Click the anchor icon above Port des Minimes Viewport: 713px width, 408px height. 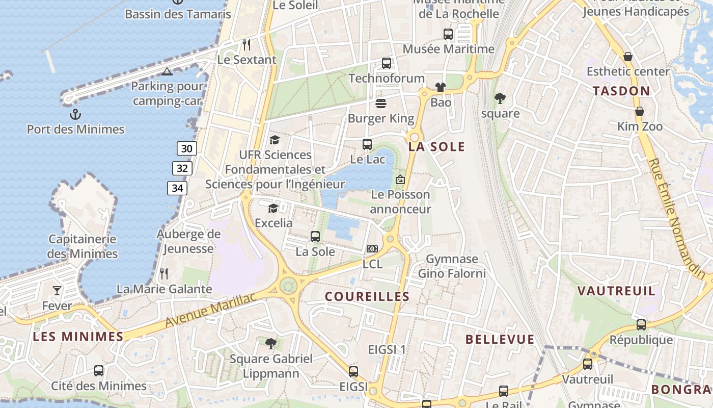pos(75,114)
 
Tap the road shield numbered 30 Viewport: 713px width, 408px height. pos(187,148)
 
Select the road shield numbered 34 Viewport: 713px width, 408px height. pos(177,188)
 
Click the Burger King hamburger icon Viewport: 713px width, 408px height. pos(381,104)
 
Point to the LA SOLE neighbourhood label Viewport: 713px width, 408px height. pos(436,147)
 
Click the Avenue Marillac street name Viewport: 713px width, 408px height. pos(210,311)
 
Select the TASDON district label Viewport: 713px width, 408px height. pos(621,91)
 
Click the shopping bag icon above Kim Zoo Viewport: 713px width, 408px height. pos(639,111)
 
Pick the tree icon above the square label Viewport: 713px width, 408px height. pos(500,98)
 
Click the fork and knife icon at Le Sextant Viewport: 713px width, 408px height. pos(246,44)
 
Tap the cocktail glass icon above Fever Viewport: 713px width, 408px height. pos(57,291)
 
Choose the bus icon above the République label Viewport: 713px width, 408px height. pos(641,324)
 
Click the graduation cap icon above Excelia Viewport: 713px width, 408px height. pos(273,208)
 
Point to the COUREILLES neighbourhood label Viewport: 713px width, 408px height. pos(367,296)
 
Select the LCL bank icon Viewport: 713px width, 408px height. pos(372,249)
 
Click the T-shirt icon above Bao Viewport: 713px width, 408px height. pos(441,87)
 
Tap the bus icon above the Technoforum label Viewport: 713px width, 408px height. pos(387,63)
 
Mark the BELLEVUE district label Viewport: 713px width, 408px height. pos(500,339)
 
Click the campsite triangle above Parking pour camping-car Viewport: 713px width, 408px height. pos(167,71)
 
